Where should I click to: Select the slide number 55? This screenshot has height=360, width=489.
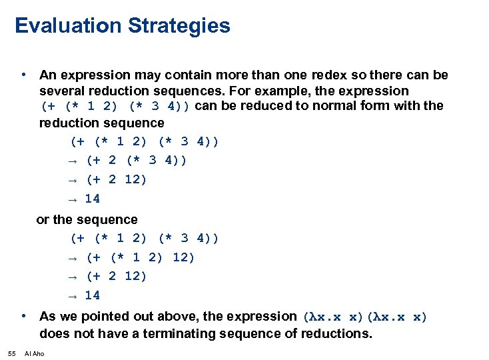(11, 353)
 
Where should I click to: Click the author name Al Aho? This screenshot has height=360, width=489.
(34, 353)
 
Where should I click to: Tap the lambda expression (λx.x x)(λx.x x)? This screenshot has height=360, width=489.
(365, 317)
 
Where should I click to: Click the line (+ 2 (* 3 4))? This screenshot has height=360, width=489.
(137, 161)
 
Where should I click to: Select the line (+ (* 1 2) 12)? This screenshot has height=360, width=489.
(141, 257)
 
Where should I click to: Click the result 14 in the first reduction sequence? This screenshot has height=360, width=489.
(93, 199)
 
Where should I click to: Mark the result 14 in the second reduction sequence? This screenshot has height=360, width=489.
(93, 295)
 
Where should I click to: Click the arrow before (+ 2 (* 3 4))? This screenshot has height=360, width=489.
(74, 161)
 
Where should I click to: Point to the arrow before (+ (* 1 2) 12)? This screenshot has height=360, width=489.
(74, 258)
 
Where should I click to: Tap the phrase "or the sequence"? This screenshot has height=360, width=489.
(87, 219)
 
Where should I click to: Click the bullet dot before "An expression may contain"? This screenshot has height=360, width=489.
(23, 74)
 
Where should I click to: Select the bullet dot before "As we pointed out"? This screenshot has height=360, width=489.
(23, 316)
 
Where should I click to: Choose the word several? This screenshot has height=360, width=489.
(61, 91)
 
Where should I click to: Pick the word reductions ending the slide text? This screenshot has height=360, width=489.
(336, 333)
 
